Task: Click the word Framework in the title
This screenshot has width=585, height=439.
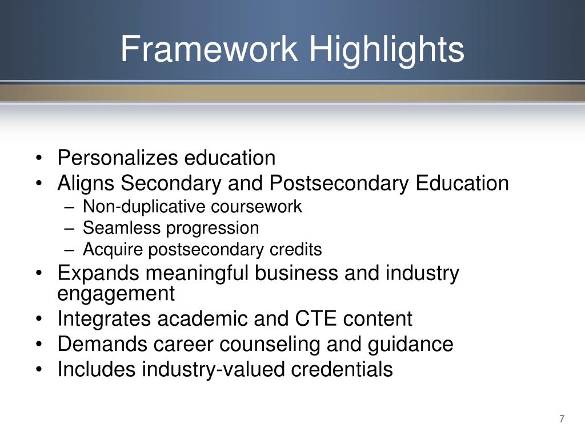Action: pyautogui.click(x=209, y=49)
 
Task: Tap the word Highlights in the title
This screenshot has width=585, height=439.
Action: pyautogui.click(x=387, y=49)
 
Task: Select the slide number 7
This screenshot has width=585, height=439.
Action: pyautogui.click(x=562, y=419)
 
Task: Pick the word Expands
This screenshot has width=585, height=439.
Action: pyautogui.click(x=98, y=273)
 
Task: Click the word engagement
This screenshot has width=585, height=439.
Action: pyautogui.click(x=116, y=294)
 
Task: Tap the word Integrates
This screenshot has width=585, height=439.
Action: pyautogui.click(x=105, y=319)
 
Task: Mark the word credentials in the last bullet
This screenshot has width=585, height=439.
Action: pyautogui.click(x=342, y=369)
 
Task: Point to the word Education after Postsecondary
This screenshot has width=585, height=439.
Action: pyautogui.click(x=462, y=183)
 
